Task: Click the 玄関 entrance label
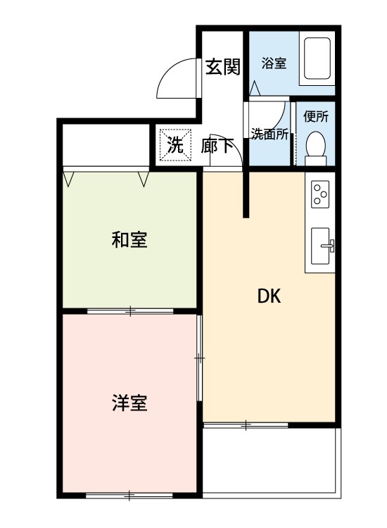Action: pyautogui.click(x=222, y=67)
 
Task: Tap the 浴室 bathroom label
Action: pyautogui.click(x=273, y=64)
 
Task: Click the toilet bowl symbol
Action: pyautogui.click(x=315, y=145)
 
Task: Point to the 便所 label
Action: pyautogui.click(x=315, y=118)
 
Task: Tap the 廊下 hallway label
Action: pyautogui.click(x=217, y=146)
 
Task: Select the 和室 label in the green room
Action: pyautogui.click(x=129, y=240)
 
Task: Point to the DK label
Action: pyautogui.click(x=268, y=296)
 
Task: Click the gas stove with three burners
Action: pyautogui.click(x=321, y=194)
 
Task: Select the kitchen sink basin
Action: pyautogui.click(x=322, y=246)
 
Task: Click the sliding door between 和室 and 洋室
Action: pyautogui.click(x=130, y=310)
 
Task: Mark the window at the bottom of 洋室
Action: pyautogui.click(x=129, y=496)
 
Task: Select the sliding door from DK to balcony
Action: pyautogui.click(x=246, y=425)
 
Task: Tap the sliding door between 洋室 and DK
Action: pyautogui.click(x=200, y=359)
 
